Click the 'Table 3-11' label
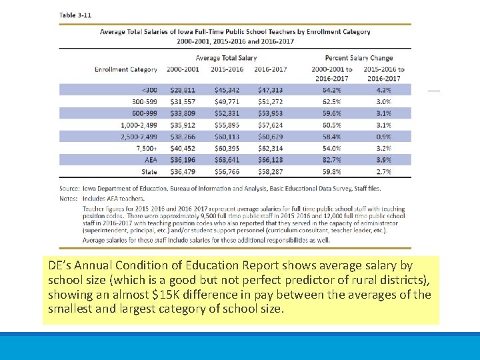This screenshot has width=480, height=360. (75, 15)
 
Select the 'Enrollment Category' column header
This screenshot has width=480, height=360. (126, 69)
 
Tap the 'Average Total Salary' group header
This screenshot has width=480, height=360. (226, 58)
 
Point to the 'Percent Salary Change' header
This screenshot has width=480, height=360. (359, 58)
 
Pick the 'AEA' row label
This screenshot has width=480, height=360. (151, 160)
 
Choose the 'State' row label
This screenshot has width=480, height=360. (149, 171)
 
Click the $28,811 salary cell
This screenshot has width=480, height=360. (183, 90)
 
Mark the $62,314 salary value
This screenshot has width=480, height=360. (269, 148)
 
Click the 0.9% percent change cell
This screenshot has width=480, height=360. (383, 137)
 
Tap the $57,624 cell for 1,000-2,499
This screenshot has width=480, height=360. (269, 125)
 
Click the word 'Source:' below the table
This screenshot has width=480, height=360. (70, 189)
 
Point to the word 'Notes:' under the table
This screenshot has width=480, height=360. (69, 199)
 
